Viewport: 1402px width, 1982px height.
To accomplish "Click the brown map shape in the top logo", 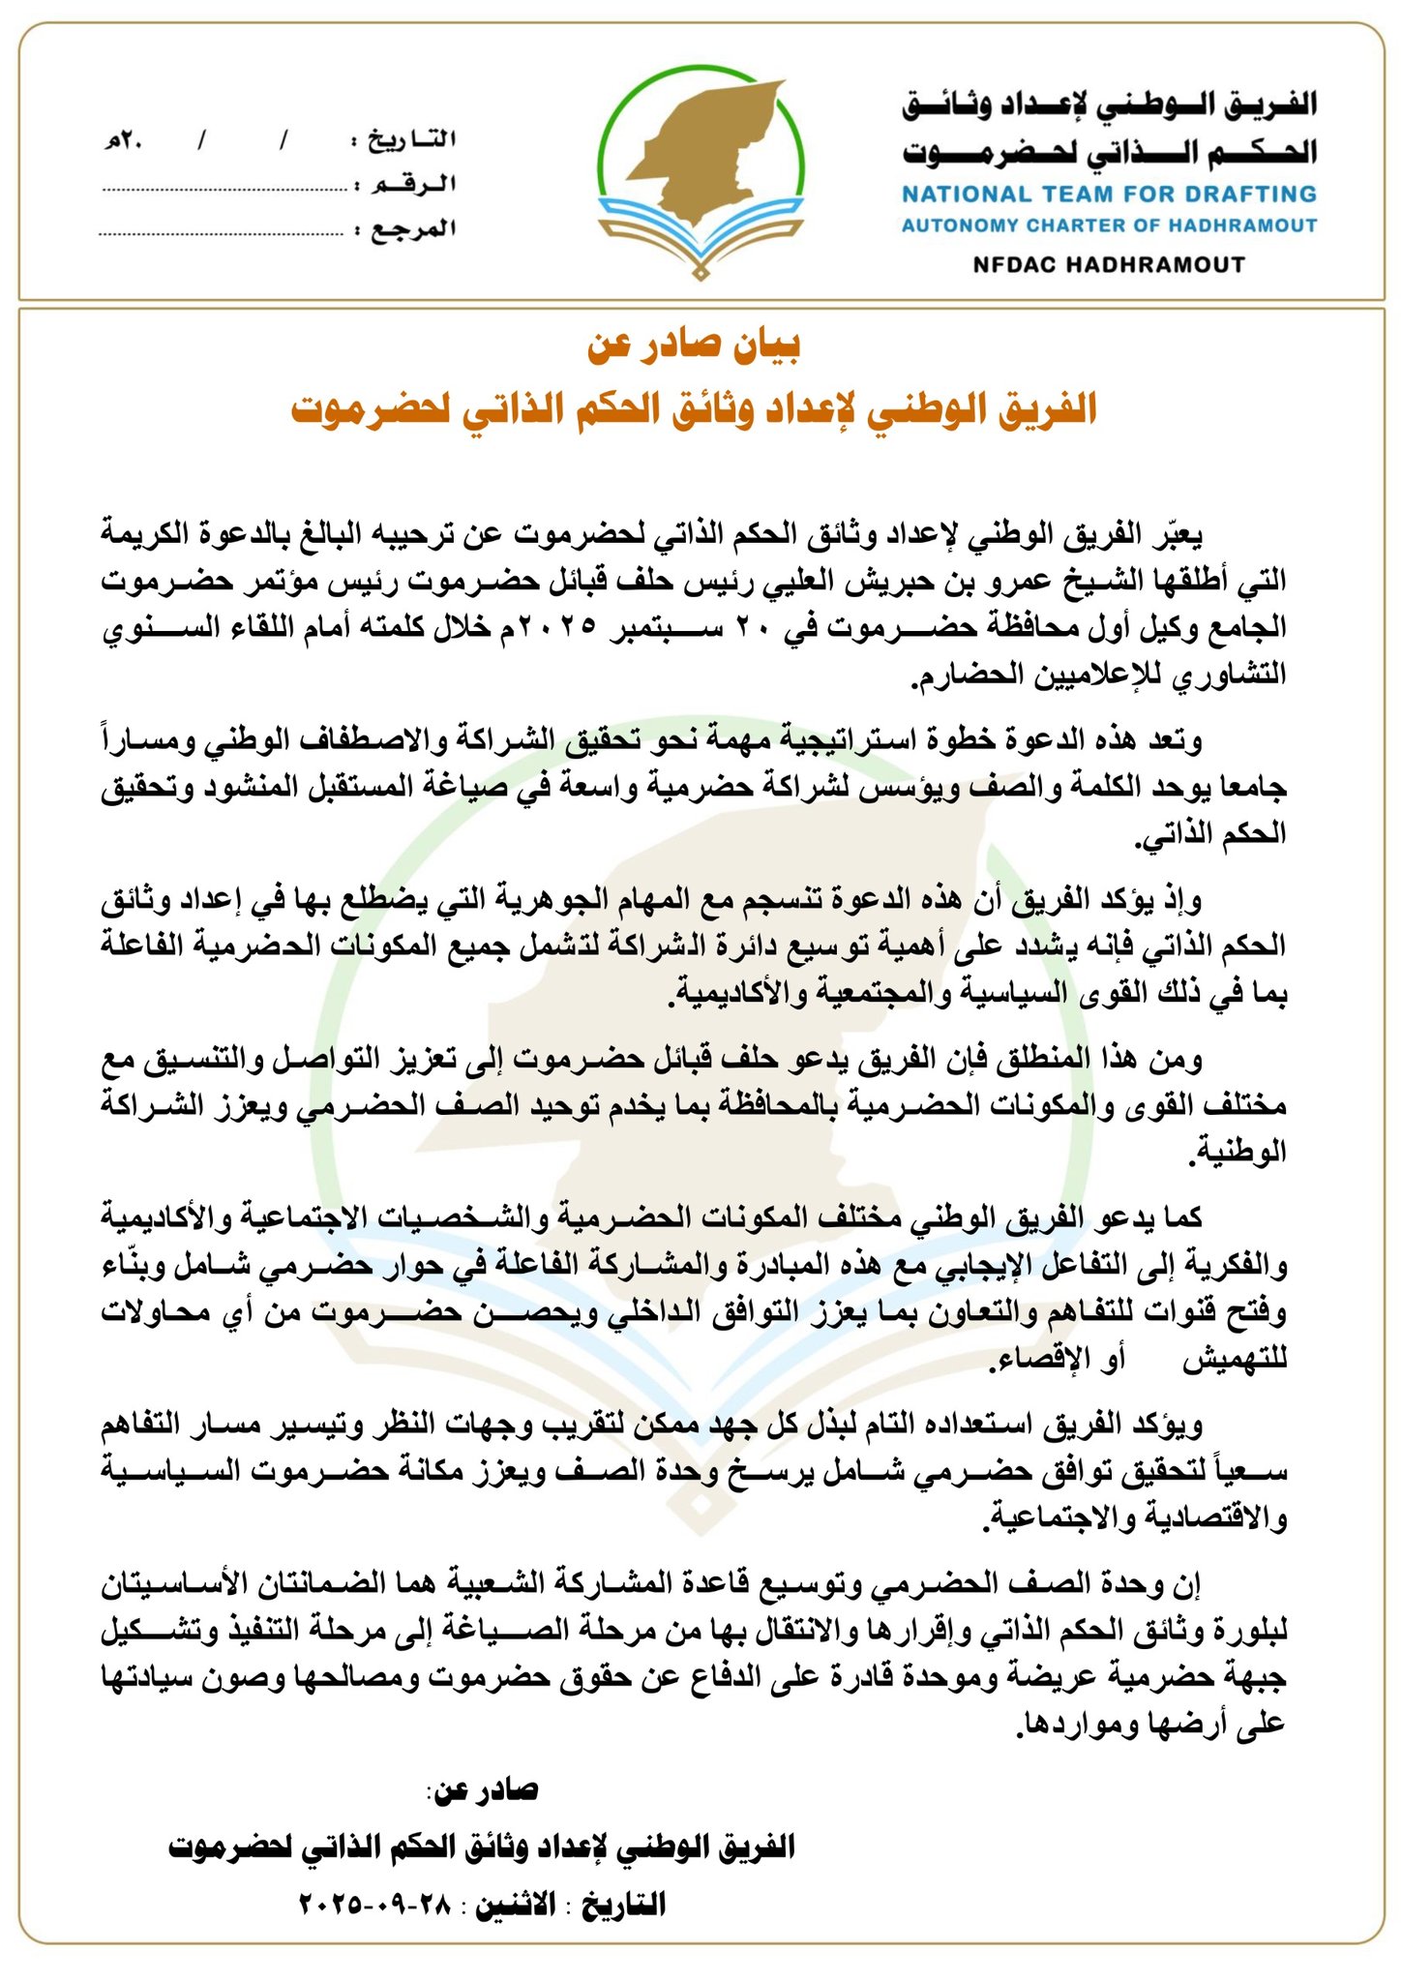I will coord(705,145).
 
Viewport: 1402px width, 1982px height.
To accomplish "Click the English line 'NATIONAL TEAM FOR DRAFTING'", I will coord(1109,194).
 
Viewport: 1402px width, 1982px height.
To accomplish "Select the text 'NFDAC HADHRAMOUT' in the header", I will coord(1109,264).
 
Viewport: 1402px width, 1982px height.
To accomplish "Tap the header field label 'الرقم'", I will coord(416,185).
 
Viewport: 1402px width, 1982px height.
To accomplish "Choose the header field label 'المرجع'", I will coord(414,229).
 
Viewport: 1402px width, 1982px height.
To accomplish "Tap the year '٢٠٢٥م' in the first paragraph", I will coord(549,627).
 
